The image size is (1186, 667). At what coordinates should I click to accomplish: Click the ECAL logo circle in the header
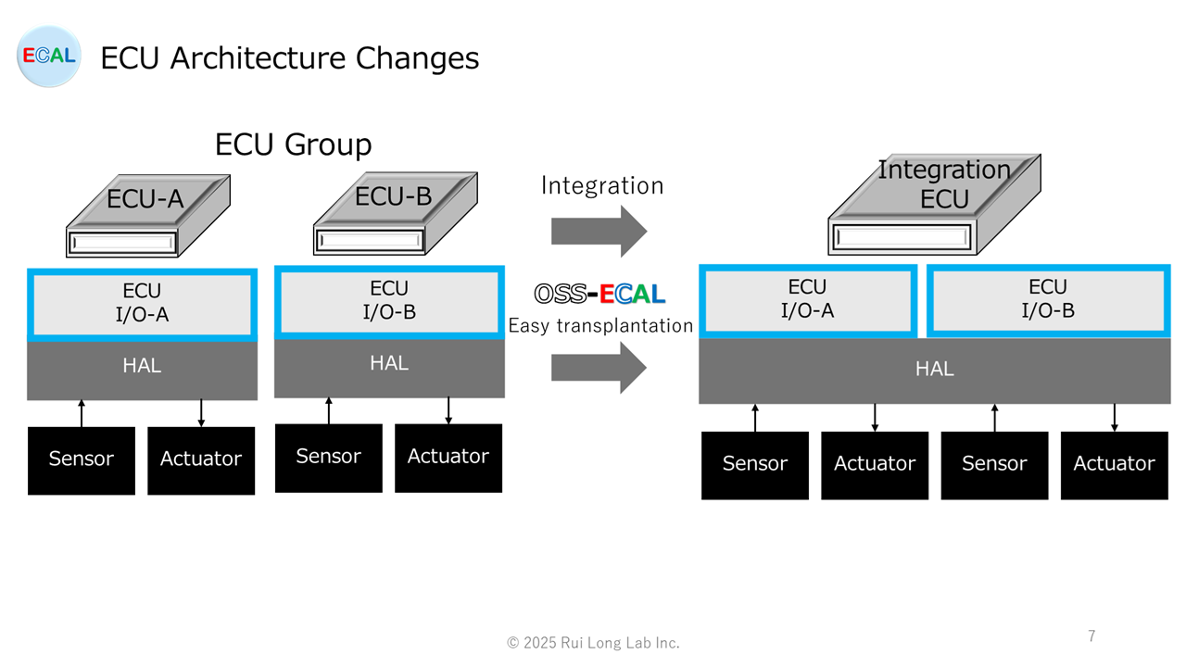[x=49, y=57]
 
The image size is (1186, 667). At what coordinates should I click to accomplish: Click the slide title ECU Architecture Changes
[x=289, y=58]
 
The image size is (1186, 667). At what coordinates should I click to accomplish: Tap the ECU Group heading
[x=293, y=145]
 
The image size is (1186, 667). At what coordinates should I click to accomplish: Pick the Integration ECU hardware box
[x=933, y=207]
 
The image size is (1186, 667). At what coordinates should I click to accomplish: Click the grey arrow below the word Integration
[x=599, y=231]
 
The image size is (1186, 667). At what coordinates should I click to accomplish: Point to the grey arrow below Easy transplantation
[x=599, y=368]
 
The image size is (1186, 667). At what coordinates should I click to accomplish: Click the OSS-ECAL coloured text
[x=600, y=295]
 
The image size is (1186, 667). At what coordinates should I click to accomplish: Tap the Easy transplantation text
[x=600, y=325]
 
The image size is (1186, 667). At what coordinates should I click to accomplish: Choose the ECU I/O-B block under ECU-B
[x=390, y=301]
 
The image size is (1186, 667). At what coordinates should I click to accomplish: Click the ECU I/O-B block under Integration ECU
[x=1048, y=299]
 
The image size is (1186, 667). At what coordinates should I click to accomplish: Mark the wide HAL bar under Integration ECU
[x=934, y=370]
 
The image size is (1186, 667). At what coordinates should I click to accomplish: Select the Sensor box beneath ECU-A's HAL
[x=82, y=459]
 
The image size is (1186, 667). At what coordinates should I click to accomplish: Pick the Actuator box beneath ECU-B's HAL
[x=448, y=458]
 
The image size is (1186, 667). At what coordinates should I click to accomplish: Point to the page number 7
[x=1091, y=636]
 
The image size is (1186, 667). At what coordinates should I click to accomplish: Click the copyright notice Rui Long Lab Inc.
[x=593, y=643]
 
